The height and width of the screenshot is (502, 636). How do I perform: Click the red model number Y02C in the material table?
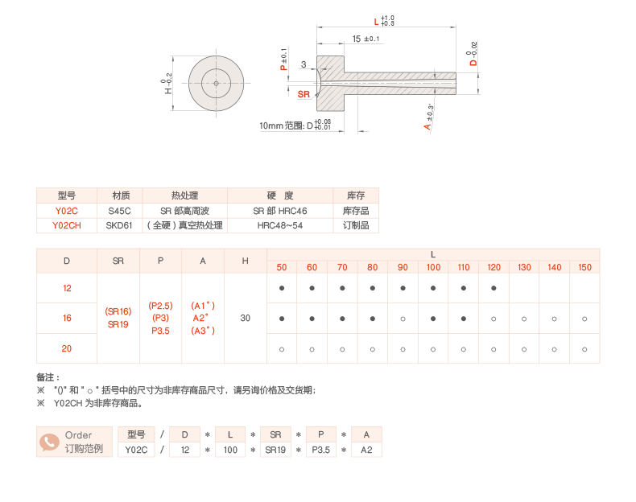point(67,210)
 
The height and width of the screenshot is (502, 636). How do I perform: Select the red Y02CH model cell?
point(67,225)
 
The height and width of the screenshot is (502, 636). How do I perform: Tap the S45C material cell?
point(119,210)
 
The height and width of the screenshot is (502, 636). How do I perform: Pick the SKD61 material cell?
point(119,225)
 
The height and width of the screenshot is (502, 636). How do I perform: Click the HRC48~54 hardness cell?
point(280,225)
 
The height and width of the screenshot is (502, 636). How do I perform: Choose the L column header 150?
point(584,267)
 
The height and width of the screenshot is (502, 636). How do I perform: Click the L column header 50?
point(282,267)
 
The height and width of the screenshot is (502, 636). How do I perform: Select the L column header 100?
point(433,267)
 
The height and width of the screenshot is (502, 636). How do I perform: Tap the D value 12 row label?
point(67,288)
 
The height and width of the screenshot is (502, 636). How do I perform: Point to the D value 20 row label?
point(67,348)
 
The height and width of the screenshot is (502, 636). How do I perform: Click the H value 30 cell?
point(246,319)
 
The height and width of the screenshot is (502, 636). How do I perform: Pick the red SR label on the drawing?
point(304,94)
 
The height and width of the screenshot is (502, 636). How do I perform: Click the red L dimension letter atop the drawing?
point(376,22)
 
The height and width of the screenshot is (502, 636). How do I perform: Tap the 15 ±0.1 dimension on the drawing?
point(366,39)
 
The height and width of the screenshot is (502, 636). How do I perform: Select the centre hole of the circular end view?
point(216,82)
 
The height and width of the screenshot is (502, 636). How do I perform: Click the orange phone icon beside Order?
point(50,442)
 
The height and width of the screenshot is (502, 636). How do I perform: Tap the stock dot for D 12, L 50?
point(282,288)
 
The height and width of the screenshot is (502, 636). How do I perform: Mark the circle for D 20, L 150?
point(584,348)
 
